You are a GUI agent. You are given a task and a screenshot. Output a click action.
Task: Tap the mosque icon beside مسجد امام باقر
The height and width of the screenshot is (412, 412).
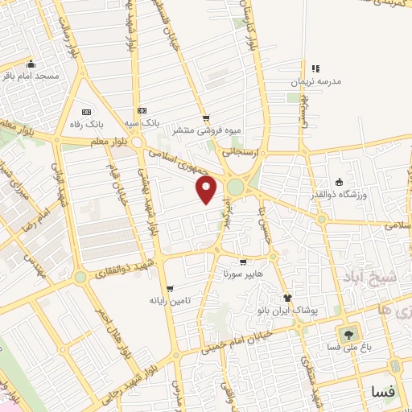pyautogui.click(x=31, y=64)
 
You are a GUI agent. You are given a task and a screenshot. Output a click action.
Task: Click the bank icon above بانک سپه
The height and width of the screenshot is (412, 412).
pyautogui.click(x=142, y=110)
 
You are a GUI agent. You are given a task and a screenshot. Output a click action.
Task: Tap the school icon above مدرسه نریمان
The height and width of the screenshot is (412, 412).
pyautogui.click(x=315, y=68)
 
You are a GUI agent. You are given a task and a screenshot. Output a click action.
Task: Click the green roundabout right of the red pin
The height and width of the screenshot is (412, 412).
pyautogui.click(x=235, y=187)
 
